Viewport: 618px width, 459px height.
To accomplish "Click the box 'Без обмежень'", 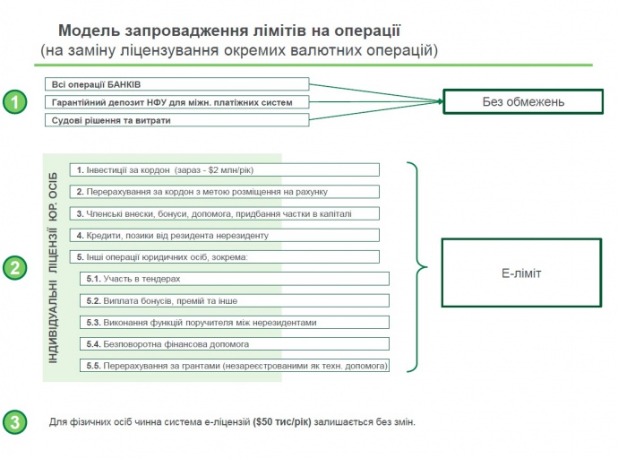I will click(x=522, y=101).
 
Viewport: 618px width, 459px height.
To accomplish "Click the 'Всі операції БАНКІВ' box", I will click(x=176, y=84).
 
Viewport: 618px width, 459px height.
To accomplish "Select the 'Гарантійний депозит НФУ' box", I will click(x=176, y=102).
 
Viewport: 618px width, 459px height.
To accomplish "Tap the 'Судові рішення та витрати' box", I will click(x=176, y=120).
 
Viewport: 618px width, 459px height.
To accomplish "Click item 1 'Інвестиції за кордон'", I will click(x=225, y=169).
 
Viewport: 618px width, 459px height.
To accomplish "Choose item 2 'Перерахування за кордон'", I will click(x=225, y=191).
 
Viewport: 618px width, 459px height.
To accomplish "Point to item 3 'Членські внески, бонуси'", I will click(x=225, y=213).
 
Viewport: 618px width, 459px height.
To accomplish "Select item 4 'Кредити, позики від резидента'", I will click(x=225, y=235).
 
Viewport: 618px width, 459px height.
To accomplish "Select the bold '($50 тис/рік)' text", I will click(x=282, y=421).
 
